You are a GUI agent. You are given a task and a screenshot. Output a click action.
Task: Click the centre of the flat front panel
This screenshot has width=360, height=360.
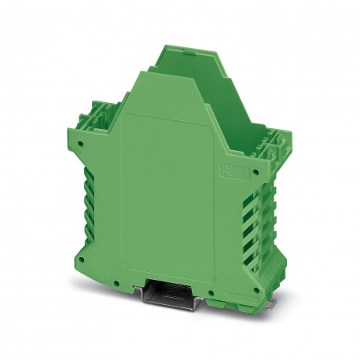(x=169, y=197)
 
